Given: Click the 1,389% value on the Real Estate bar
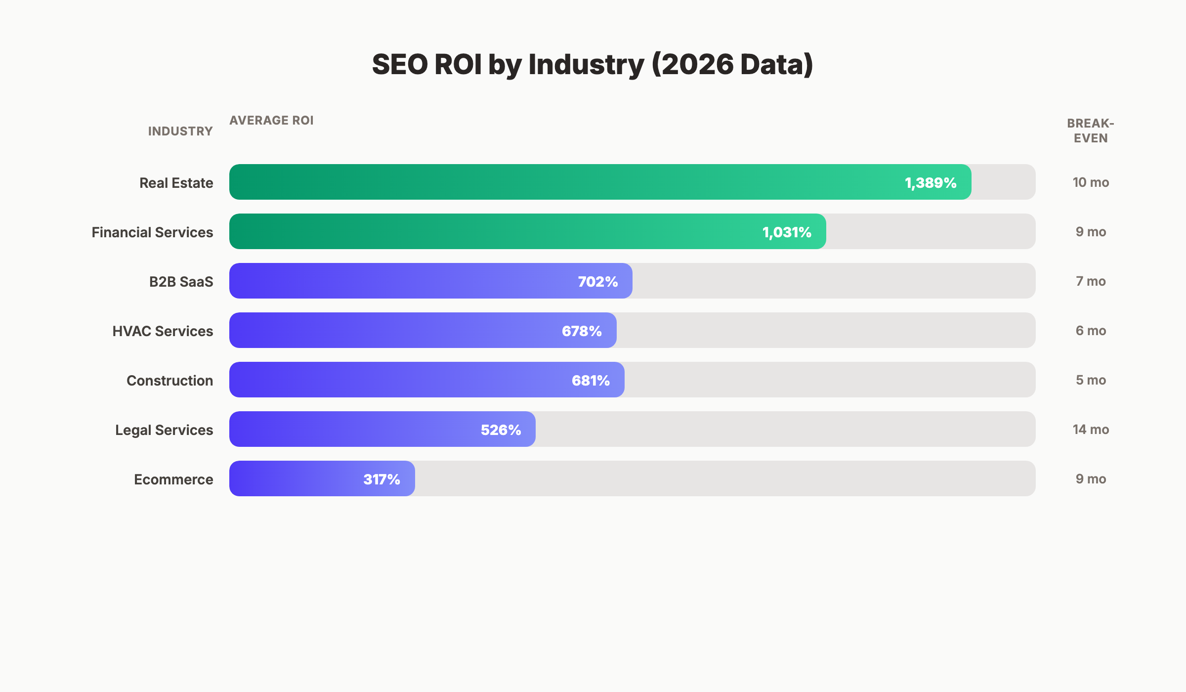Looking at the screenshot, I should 931,183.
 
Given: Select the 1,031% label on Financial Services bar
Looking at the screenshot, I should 787,232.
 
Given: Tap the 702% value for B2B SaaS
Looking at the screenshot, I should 598,282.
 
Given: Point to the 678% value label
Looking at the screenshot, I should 582,331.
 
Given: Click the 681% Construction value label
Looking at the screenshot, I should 591,381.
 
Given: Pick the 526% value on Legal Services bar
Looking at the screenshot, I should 501,430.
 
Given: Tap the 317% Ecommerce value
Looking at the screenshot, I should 381,479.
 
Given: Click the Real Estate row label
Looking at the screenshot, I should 176,183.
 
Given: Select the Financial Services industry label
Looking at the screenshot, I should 152,232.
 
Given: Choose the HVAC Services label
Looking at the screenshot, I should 163,331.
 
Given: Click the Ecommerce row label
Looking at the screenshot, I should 173,479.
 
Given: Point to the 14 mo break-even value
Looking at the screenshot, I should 1091,430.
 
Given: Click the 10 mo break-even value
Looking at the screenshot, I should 1091,182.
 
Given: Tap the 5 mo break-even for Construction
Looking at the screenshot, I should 1091,380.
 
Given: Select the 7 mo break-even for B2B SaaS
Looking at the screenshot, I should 1091,281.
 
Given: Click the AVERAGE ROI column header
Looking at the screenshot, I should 271,121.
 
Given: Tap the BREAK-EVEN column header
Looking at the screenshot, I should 1090,130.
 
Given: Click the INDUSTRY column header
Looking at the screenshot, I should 180,131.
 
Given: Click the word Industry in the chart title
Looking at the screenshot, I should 586,65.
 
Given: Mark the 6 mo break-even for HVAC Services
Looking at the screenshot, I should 1091,331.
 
